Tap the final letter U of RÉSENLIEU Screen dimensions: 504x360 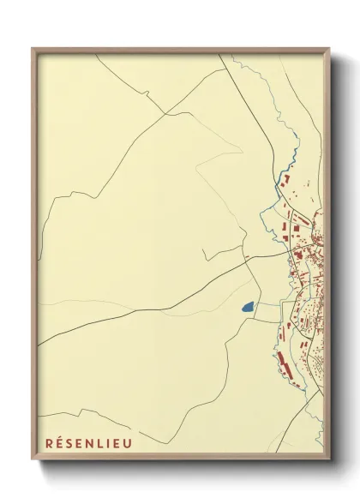pos(128,443)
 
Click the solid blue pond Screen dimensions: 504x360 pos(247,306)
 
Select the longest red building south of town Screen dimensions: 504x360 pos(279,361)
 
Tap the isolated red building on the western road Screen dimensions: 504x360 pos(246,255)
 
